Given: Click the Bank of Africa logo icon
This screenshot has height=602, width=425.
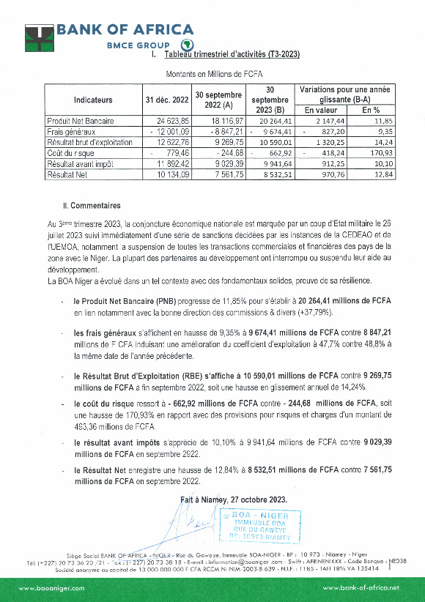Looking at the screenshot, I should click(x=39, y=36).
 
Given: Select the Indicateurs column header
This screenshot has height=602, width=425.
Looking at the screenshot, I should click(x=93, y=99).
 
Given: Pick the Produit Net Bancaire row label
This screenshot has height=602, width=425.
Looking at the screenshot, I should click(x=78, y=120).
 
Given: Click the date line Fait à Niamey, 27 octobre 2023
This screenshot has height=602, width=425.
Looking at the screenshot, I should click(x=234, y=499).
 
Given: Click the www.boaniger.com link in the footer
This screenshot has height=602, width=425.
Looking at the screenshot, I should click(x=51, y=587).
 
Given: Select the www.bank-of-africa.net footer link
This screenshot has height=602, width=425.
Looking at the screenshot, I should click(x=361, y=587).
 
